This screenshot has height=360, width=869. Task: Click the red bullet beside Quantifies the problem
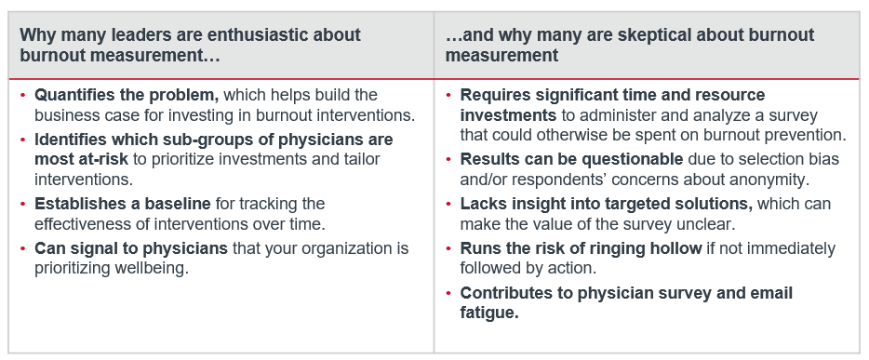(x=23, y=95)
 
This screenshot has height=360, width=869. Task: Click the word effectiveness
(x=78, y=224)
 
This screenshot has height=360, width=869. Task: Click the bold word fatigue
(x=489, y=313)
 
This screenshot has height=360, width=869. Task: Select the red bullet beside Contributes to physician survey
(x=448, y=293)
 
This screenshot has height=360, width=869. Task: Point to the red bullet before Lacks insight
(x=448, y=205)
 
